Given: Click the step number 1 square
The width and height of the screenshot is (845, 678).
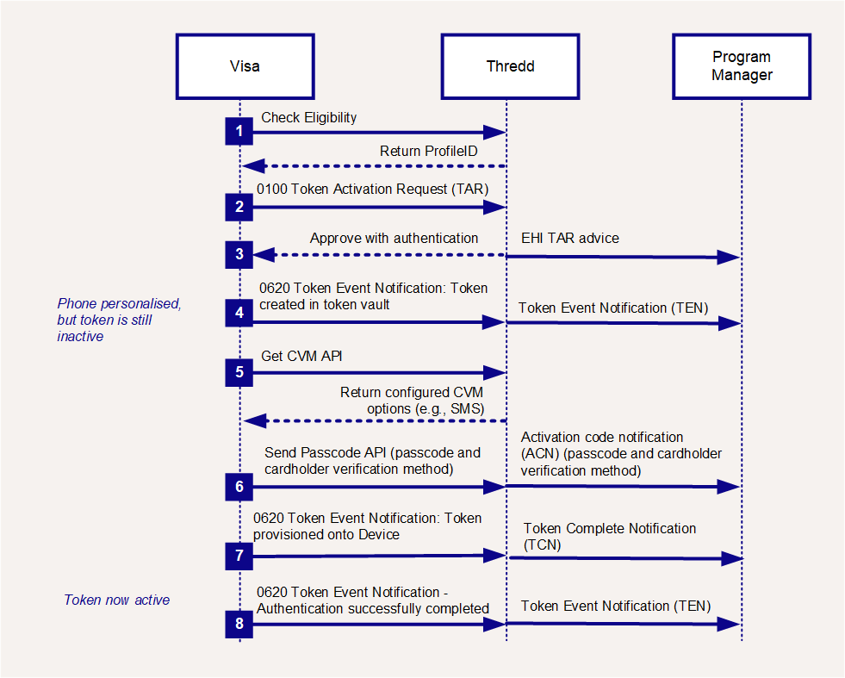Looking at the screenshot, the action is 239,131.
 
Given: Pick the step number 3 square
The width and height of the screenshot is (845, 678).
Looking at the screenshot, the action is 239,254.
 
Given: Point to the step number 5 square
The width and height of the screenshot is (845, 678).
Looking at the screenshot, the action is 239,372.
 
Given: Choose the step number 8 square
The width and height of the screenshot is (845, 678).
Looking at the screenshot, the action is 239,624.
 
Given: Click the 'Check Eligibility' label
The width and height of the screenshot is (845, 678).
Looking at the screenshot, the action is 308,117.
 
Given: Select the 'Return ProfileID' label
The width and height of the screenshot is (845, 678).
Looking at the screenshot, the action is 428,151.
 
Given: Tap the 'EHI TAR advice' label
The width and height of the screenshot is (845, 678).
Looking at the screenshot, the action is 570,239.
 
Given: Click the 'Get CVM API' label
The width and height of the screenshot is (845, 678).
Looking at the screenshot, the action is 301,357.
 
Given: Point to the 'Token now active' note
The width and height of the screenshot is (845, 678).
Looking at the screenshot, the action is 117,600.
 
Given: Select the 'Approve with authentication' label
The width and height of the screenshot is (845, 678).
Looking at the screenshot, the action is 394,239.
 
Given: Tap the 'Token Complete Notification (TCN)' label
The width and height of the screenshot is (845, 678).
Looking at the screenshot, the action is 610,536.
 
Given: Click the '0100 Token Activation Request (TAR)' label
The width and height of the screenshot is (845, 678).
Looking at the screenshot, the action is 372,190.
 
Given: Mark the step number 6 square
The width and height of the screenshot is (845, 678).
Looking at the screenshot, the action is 239,487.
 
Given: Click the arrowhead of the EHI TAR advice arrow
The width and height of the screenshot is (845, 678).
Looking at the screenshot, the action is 729,258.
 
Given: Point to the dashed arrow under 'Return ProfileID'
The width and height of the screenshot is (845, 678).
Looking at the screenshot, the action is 374,166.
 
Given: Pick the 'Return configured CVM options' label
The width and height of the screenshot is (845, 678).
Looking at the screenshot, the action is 413,401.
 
